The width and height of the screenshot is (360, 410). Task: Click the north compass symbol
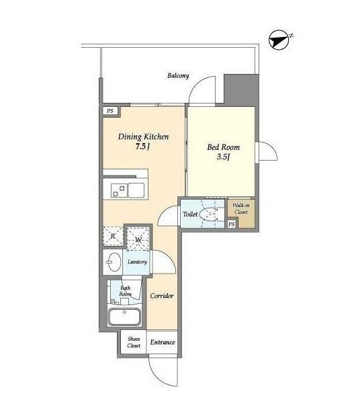[x=279, y=40]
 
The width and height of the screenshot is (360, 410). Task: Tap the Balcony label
[x=178, y=76]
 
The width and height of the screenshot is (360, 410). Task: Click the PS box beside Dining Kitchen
[x=110, y=111]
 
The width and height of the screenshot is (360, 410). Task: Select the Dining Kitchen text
[x=144, y=136]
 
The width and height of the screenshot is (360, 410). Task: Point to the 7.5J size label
[x=142, y=147]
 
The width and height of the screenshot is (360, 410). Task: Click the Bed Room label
[x=224, y=147]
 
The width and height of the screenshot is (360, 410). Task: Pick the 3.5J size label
[x=223, y=157]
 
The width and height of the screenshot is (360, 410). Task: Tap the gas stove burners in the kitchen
[x=119, y=190]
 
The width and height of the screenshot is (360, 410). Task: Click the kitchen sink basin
[x=136, y=190]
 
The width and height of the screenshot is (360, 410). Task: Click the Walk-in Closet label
[x=241, y=208]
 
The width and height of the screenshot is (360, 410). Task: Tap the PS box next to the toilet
[x=232, y=224]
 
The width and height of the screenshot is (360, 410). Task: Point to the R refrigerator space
[x=113, y=236]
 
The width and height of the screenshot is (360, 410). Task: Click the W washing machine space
[x=138, y=239]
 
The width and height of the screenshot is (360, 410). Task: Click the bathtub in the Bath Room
[x=125, y=317]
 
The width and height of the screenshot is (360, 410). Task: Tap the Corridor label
[x=162, y=296]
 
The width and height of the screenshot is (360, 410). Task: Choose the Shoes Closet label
[x=134, y=342]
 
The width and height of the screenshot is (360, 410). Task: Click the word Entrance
[x=163, y=342]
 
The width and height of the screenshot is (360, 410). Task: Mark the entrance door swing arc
[x=157, y=377]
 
